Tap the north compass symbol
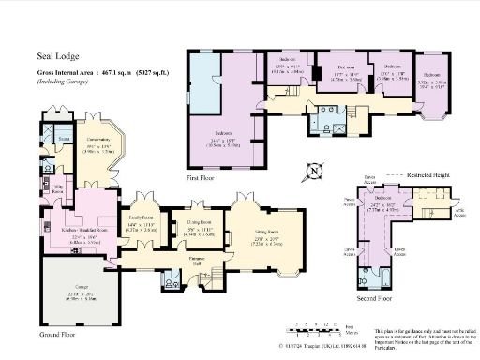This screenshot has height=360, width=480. tap(315, 171)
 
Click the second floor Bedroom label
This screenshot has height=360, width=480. tap(382, 198)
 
